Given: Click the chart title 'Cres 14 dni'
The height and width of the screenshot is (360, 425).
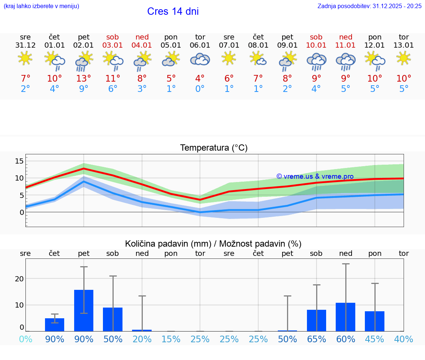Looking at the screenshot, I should point(173,11).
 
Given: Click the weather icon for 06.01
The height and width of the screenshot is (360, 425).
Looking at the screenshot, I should point(200,59).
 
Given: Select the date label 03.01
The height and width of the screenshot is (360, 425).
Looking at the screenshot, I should point(113,45).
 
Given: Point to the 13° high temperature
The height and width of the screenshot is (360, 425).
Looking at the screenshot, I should point(84,79).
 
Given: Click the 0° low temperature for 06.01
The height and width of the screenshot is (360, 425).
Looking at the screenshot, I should point(200,89).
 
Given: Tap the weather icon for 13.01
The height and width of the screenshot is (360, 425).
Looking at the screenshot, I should point(404,58).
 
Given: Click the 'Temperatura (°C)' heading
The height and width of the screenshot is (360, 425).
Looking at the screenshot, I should point(214,148).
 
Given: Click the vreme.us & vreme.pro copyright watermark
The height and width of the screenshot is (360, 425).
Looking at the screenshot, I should point(315,176).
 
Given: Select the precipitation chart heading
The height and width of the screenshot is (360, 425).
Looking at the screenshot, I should point(213,244).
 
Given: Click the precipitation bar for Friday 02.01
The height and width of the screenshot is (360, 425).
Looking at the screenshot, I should point(84,310).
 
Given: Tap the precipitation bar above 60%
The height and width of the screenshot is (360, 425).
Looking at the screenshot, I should point(345,317).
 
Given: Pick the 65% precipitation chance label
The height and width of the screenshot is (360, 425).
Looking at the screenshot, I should point(316,339).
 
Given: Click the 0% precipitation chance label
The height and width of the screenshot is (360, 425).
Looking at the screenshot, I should point(25,339).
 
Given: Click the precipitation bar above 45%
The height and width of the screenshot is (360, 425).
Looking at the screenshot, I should point(374,321).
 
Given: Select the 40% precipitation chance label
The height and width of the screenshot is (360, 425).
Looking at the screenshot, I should point(404,339).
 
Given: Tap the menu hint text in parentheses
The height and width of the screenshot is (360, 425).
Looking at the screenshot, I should point(41,6).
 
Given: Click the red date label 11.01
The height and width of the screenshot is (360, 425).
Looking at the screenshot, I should point(345,45).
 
